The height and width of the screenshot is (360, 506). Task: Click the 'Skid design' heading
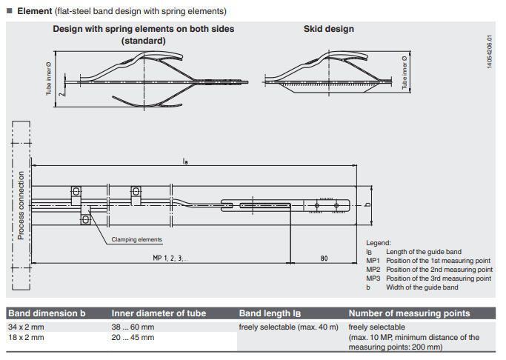click(x=328, y=29)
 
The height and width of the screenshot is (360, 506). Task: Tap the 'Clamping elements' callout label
click(x=137, y=239)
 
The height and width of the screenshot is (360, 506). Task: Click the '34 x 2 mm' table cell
click(x=26, y=327)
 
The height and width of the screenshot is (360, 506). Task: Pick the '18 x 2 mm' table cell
click(x=26, y=337)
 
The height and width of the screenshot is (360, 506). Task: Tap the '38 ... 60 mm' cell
click(x=133, y=327)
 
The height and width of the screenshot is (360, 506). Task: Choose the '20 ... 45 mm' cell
click(x=133, y=337)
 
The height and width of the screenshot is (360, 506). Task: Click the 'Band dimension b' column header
click(x=46, y=313)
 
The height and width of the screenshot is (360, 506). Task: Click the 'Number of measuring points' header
click(x=409, y=313)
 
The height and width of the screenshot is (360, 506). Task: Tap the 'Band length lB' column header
click(x=270, y=313)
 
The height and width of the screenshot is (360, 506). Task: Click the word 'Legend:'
click(x=379, y=243)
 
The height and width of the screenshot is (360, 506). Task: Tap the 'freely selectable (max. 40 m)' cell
click(x=288, y=327)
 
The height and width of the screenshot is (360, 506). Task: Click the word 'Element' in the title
click(x=34, y=11)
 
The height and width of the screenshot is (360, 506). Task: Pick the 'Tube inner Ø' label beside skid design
click(x=405, y=73)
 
